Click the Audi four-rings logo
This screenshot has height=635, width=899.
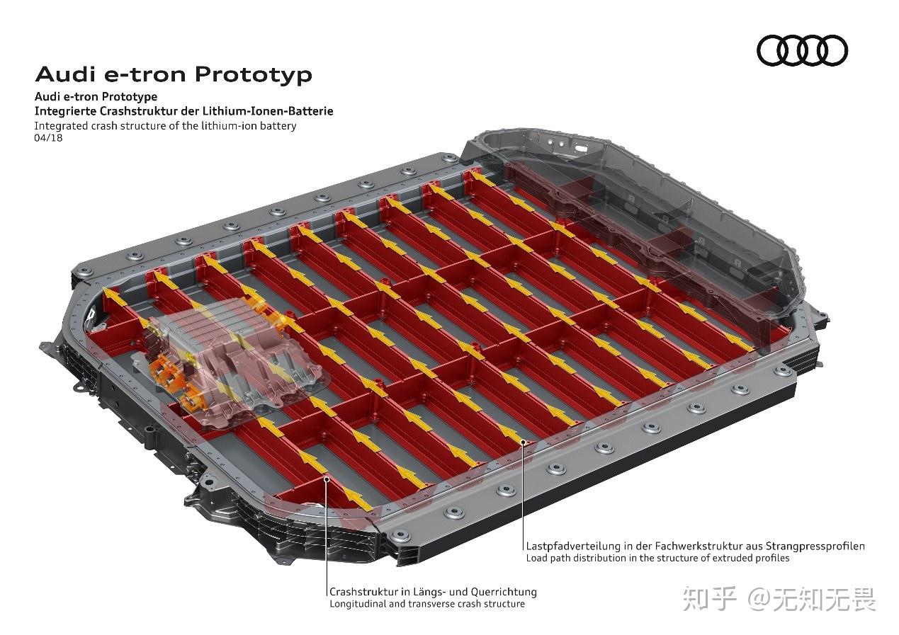tap(802, 51)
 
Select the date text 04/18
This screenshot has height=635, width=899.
tap(48, 138)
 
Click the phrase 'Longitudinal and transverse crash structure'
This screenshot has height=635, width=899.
tap(427, 604)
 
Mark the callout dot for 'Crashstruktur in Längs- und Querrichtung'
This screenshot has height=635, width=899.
tap(327, 479)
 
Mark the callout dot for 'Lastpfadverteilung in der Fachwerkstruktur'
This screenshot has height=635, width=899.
tap(524, 442)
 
